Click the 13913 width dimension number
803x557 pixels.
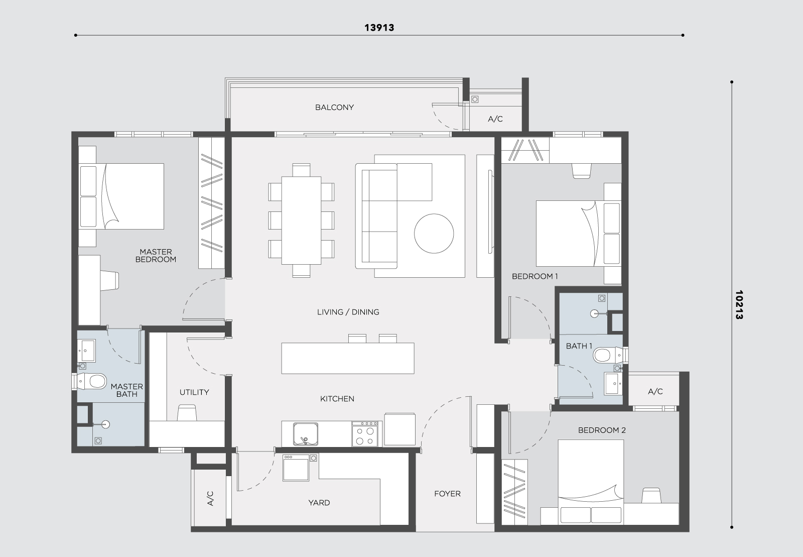[x=379, y=28]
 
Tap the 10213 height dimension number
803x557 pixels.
[x=739, y=304]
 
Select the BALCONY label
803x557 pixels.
[x=334, y=107]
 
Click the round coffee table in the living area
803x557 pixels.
[x=434, y=234]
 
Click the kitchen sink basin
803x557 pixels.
[x=306, y=433]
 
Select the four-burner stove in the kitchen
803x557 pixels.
[x=365, y=434]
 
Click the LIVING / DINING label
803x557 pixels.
[x=348, y=312]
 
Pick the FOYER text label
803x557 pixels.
[x=447, y=494]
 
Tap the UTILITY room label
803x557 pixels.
[x=194, y=392]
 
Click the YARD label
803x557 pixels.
[x=319, y=502]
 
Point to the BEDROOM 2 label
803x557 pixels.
[x=602, y=430]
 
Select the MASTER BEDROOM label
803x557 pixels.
[x=156, y=256]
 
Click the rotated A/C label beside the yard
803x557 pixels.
[x=210, y=499]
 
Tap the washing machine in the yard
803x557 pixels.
[x=296, y=468]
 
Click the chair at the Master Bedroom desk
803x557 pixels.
[x=109, y=280]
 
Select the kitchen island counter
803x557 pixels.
[x=348, y=358]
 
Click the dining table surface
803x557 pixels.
[x=301, y=220]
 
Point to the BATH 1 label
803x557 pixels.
[x=579, y=346]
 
